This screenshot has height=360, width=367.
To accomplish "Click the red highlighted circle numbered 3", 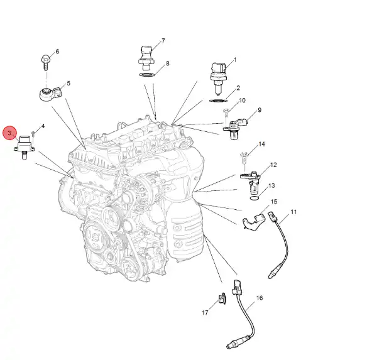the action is (x=9, y=133).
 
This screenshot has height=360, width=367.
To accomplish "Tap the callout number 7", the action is (x=163, y=41).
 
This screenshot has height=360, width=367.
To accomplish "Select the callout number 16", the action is (x=260, y=298).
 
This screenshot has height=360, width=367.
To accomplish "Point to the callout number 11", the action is (x=293, y=212).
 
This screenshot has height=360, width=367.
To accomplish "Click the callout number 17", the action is (x=205, y=313).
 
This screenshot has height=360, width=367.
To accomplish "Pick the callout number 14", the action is (x=261, y=144).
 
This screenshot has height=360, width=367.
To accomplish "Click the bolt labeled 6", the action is (x=45, y=62).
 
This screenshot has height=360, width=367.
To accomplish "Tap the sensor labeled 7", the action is (x=146, y=58).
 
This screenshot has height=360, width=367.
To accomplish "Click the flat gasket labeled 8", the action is (x=147, y=75).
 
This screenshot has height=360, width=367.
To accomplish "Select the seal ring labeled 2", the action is (x=218, y=101).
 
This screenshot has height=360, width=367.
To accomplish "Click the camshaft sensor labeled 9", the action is (x=235, y=129).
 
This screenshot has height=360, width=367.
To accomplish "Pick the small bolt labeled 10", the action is (x=226, y=113).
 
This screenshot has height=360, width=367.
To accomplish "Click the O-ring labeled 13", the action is (x=255, y=199).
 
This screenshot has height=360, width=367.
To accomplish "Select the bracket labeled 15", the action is (x=253, y=221).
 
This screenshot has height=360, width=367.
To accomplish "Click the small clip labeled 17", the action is (x=222, y=298).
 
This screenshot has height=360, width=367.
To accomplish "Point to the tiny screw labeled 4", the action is (x=33, y=134).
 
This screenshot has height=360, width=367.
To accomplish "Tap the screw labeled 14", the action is (x=244, y=158).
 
